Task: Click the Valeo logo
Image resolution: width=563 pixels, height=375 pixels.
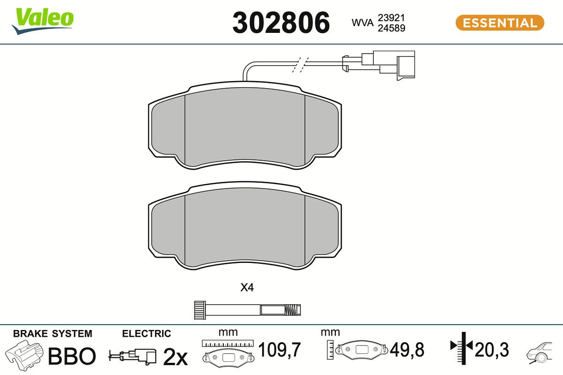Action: (x=43, y=21)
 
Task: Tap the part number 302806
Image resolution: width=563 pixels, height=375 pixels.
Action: (x=281, y=22)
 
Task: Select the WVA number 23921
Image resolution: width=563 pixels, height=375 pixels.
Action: (x=391, y=18)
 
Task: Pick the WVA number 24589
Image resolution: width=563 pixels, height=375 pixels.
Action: (x=391, y=28)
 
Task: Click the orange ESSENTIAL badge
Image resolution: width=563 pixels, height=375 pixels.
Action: (x=500, y=23)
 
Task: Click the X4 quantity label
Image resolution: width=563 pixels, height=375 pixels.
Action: (x=247, y=287)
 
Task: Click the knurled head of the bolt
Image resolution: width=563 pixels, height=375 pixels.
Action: (x=200, y=310)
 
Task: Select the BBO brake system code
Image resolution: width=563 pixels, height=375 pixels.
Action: (x=72, y=356)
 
